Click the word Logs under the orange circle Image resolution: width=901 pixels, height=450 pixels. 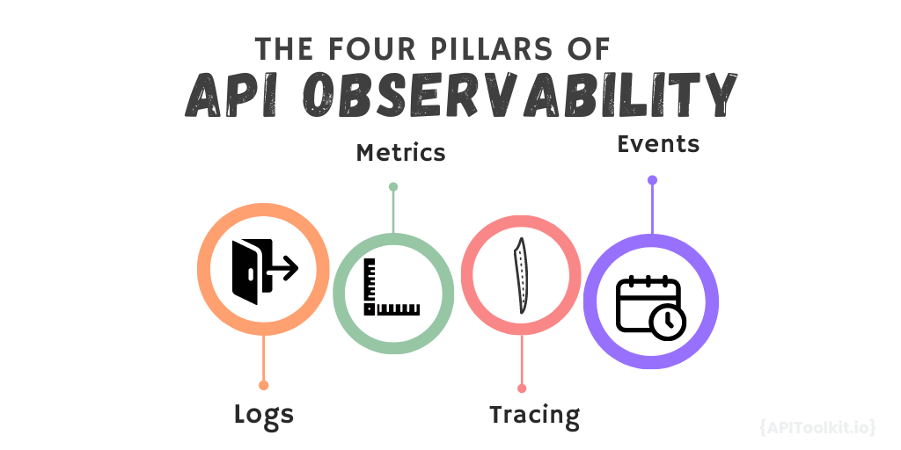(263, 414)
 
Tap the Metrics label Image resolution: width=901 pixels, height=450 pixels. (400, 153)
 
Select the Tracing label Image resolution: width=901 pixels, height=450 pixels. (534, 415)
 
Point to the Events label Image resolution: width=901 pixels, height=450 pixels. (658, 144)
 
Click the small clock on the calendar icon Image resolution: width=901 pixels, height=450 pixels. (668, 322)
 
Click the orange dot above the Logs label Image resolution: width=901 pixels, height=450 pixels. (263, 385)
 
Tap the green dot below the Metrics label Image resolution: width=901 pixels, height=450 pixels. (393, 186)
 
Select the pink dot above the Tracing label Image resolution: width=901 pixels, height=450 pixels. (522, 388)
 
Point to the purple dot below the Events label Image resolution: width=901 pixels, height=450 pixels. (652, 180)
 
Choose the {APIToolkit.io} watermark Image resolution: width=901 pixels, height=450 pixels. (817, 427)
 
